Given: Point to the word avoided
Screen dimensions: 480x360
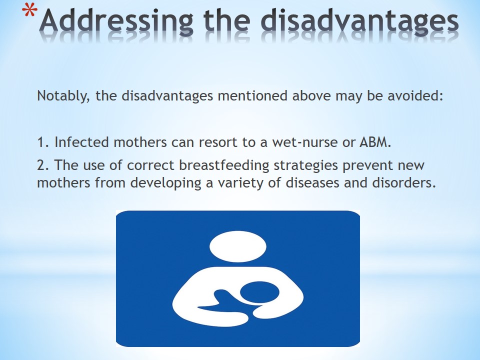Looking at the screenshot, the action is tap(415, 95).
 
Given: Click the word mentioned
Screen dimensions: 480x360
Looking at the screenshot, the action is tap(252, 95).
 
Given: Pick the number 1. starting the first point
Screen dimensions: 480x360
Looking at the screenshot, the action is tap(43, 142).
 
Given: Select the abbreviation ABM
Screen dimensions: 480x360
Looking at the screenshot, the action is tap(375, 142).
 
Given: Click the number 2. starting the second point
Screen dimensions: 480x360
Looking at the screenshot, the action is tap(43, 165).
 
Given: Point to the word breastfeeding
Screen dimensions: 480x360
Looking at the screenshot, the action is tap(224, 165).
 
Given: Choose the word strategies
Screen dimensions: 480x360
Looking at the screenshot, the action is tap(305, 165).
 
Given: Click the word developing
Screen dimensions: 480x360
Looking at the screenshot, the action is tap(165, 183).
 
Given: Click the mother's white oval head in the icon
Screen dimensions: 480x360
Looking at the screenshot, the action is tap(238, 246).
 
